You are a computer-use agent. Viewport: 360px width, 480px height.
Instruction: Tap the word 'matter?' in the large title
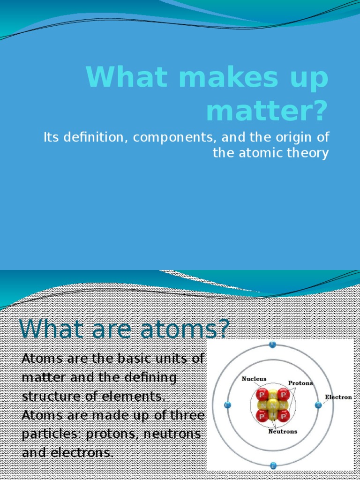coord(267,110)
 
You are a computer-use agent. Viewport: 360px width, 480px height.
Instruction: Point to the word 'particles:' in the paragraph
coord(50,434)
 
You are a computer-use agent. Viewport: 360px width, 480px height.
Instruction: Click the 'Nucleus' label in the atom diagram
coord(254,379)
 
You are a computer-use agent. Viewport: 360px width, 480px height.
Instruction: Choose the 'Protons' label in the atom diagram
coord(300,383)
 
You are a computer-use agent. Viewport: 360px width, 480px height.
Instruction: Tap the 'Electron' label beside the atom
coord(338,397)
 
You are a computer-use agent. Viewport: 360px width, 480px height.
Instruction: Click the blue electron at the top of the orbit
coord(272,345)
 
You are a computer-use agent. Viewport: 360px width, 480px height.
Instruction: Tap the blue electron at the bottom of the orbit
coord(273,465)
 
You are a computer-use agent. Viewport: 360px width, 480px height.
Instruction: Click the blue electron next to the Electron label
coord(318,405)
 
